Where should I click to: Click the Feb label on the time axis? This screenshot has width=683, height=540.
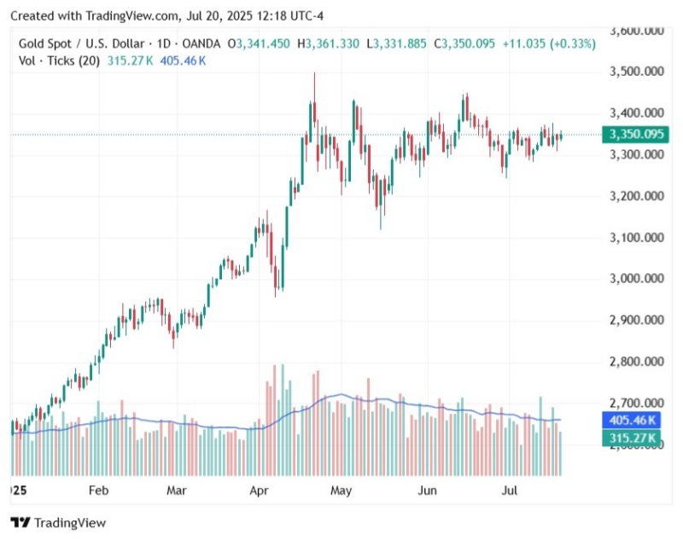(99, 491)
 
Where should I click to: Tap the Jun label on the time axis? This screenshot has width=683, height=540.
(428, 491)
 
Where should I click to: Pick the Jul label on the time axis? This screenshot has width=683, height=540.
(510, 491)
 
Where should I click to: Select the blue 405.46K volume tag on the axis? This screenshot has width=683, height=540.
(632, 420)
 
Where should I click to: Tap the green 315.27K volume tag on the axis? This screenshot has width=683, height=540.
(632, 438)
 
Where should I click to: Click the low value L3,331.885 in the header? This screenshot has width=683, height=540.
(399, 44)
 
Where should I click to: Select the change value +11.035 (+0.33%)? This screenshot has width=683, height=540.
(547, 44)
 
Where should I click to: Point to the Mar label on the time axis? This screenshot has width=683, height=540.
(177, 491)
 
